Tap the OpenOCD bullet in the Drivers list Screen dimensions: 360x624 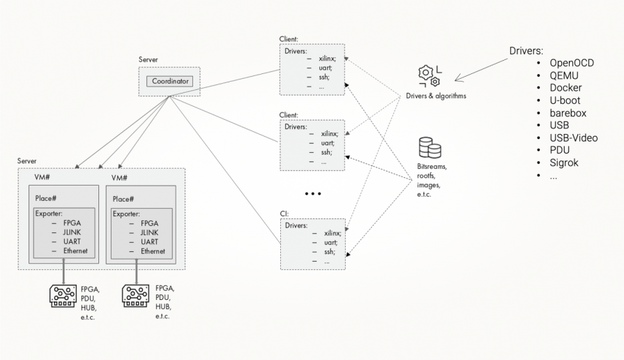(x=576, y=63)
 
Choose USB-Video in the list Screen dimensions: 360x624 (x=574, y=138)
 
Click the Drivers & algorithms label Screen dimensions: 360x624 (x=436, y=96)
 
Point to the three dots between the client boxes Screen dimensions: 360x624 (x=312, y=193)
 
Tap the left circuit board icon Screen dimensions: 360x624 (x=64, y=296)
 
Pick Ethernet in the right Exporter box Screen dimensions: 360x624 (x=153, y=251)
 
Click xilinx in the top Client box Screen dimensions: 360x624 (x=328, y=60)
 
